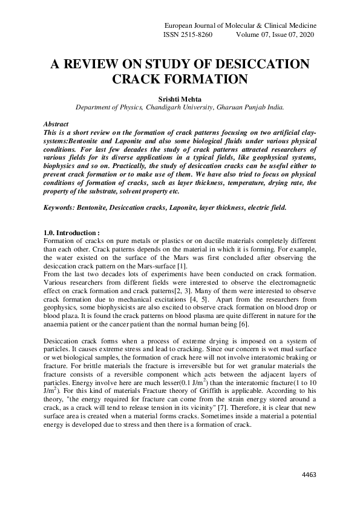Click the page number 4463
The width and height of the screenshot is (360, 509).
309,475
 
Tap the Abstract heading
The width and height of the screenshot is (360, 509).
57,123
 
